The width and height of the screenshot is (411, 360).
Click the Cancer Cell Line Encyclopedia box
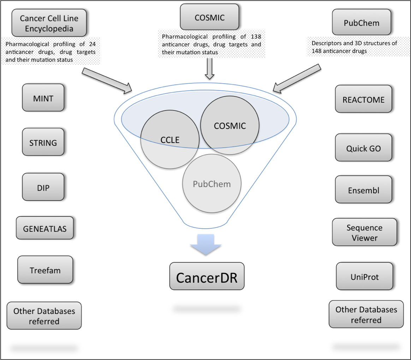pyautogui.click(x=49, y=23)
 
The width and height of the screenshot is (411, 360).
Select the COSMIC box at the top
pyautogui.click(x=209, y=17)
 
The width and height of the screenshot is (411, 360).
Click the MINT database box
pyautogui.click(x=43, y=98)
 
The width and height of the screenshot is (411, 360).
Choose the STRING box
pyautogui.click(x=43, y=143)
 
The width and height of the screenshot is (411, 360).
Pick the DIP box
pyautogui.click(x=43, y=187)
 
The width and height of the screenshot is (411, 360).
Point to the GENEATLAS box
pyautogui.click(x=45, y=228)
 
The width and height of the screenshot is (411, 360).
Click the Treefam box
pyautogui.click(x=45, y=271)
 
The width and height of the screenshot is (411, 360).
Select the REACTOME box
pyautogui.click(x=363, y=100)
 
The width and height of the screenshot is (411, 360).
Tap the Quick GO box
pyautogui.click(x=363, y=148)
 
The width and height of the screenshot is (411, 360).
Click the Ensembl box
pyautogui.click(x=363, y=191)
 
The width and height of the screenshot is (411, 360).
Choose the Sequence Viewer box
pyautogui.click(x=364, y=233)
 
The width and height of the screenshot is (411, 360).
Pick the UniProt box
pyautogui.click(x=364, y=277)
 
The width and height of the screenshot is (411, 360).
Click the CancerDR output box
pyautogui.click(x=207, y=277)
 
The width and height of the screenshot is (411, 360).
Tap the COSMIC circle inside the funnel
pyautogui.click(x=230, y=126)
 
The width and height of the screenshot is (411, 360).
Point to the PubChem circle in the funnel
pyautogui.click(x=212, y=184)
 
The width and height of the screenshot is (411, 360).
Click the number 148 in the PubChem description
pyautogui.click(x=317, y=51)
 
